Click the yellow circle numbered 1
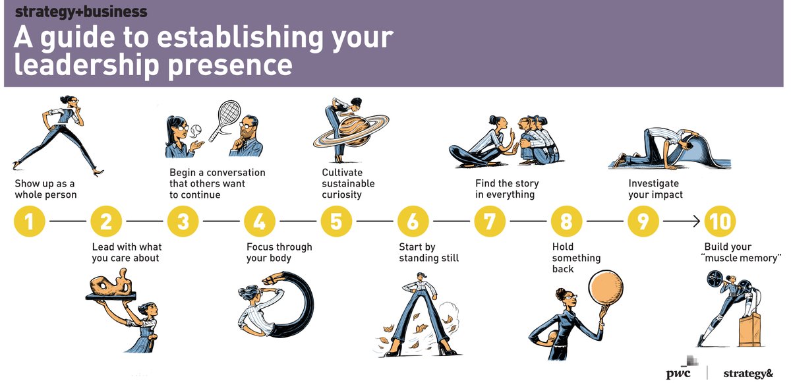pos(30,221)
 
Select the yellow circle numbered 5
pos(336,221)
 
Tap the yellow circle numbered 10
pos(720,221)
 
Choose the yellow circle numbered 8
pos(566,221)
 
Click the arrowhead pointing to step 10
pos(697,221)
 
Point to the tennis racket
pos(223,120)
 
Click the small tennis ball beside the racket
pos(196,131)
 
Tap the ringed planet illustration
pos(351,131)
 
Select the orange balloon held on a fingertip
pos(606,287)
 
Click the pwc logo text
pos(678,374)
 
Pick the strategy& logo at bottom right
pos(748,373)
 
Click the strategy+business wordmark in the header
pos(81,12)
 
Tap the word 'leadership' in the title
pos(86,66)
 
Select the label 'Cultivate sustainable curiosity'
pos(348,183)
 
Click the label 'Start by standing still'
pos(428,252)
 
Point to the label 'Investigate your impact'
pos(655,189)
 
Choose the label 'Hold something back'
pos(576,258)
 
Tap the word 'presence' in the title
pos(230,66)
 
